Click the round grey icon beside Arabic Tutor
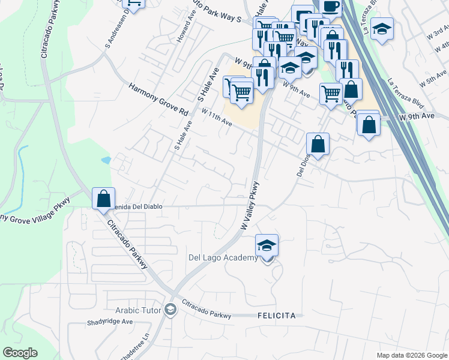pos(171,310)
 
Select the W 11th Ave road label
pos(216,117)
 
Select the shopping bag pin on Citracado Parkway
pos(103,197)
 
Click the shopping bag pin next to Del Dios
pos(318,144)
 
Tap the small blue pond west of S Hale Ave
pos(106,160)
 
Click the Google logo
pos(20,353)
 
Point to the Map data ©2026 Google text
pos(412,355)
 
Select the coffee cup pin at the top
pos(330,6)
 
